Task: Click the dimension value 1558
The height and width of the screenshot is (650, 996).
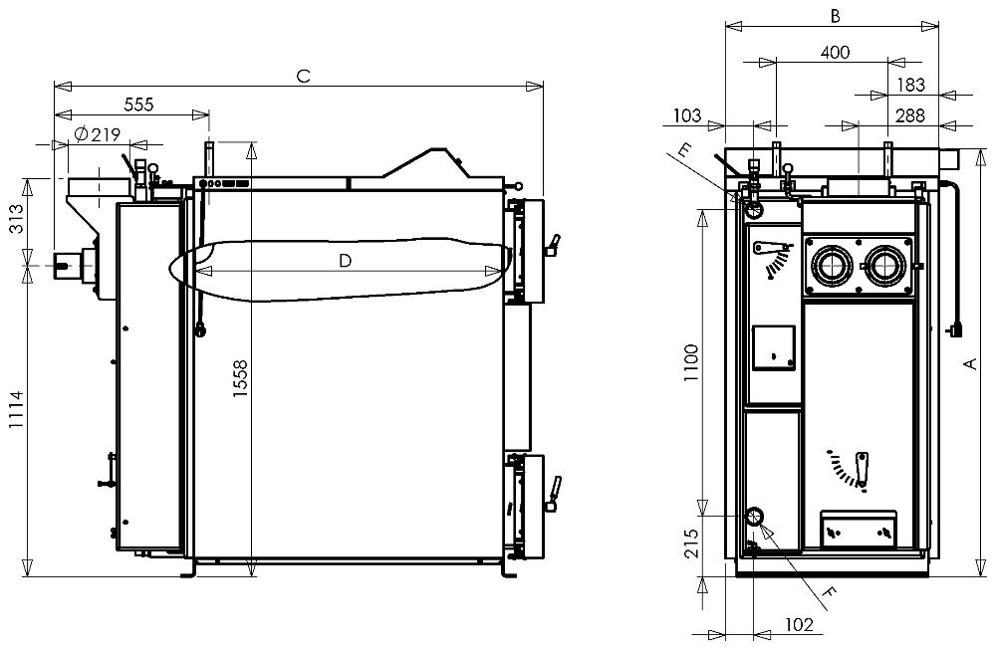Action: click(240, 379)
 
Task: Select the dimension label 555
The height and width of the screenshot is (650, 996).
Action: click(138, 104)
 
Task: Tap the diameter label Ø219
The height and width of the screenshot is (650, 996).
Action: click(97, 134)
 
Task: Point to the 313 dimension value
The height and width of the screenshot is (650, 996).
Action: click(16, 218)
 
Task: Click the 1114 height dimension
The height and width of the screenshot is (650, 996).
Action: click(16, 409)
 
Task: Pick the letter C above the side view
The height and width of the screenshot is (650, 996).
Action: click(304, 77)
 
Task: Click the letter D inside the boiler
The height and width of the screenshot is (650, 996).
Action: click(345, 261)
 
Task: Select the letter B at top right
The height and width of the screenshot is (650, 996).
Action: click(836, 16)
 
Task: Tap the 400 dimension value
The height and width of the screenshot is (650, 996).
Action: click(835, 52)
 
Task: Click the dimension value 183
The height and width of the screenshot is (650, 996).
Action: click(910, 85)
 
